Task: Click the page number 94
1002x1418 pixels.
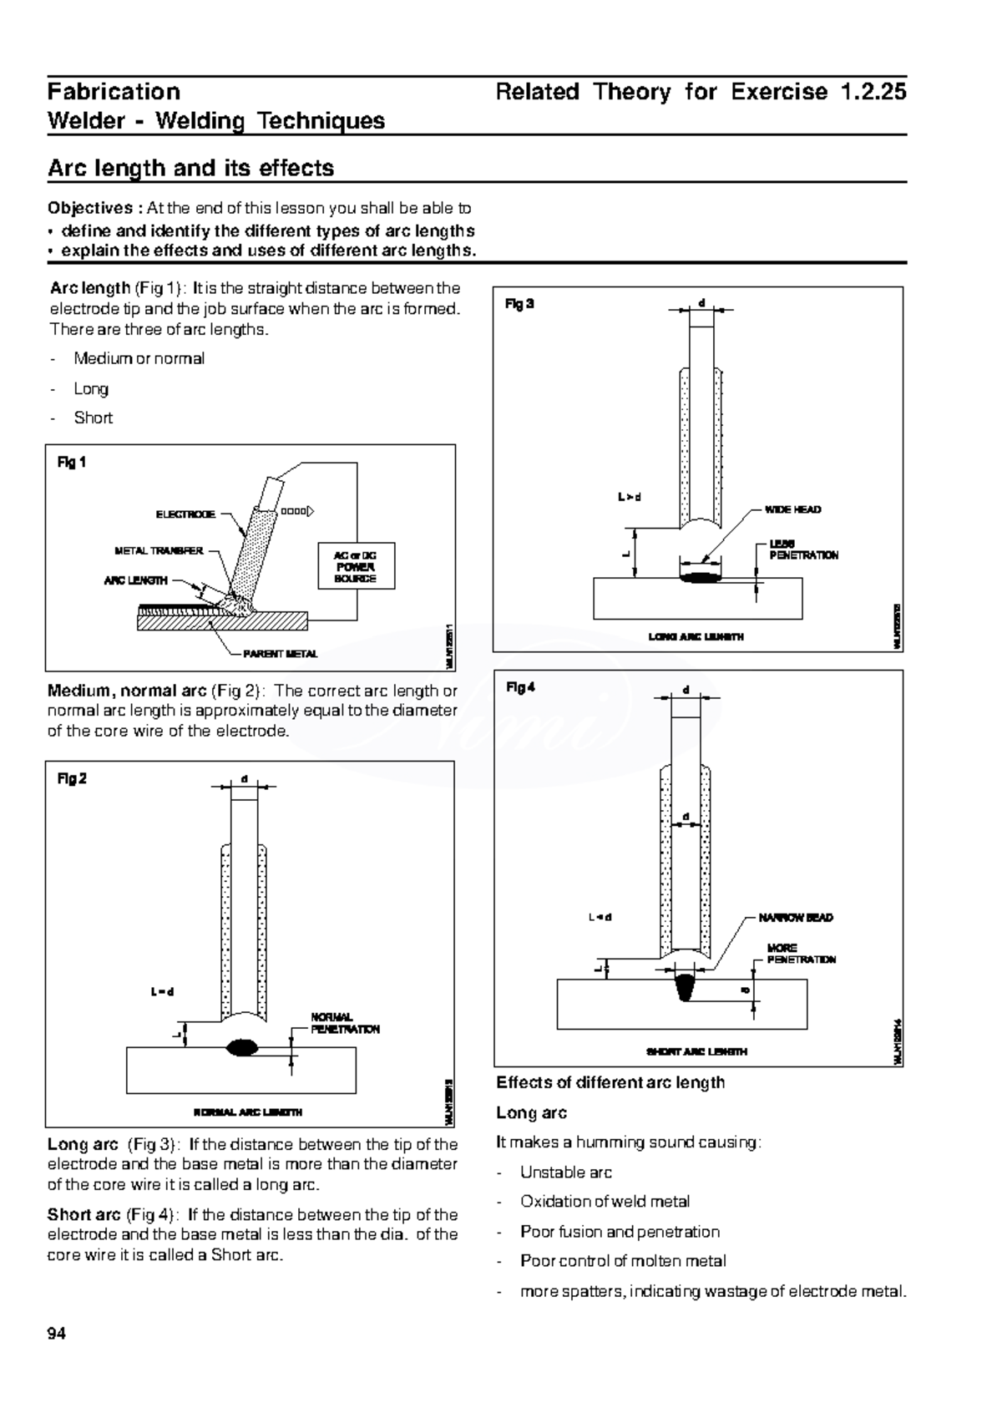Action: coord(57,1334)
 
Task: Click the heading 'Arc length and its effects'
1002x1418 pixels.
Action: coord(190,168)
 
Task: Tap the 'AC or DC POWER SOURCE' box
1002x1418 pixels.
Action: coord(356,566)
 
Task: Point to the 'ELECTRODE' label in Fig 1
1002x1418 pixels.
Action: coord(185,514)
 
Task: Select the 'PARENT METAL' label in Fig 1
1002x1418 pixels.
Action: coord(280,654)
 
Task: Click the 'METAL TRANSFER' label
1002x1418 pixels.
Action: coord(159,551)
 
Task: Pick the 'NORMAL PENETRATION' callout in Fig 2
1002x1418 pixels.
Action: coord(345,1023)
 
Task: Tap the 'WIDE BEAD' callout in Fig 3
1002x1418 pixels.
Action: coord(792,509)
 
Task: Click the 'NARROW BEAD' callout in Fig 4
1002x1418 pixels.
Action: coord(795,918)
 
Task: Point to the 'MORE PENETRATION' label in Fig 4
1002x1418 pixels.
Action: coord(801,954)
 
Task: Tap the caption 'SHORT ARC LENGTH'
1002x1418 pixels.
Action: coord(696,1051)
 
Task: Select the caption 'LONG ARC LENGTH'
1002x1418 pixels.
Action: coord(696,636)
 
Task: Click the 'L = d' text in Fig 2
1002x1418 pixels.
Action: coord(162,992)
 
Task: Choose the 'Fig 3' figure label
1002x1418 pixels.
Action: coord(519,304)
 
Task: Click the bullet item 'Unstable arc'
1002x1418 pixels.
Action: coord(565,1172)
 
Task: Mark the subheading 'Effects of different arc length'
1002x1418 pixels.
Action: coord(610,1083)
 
